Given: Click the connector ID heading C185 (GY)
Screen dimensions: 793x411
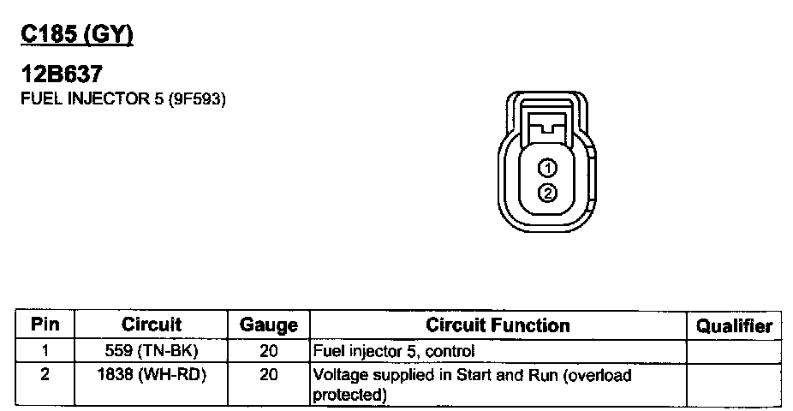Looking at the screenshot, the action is [x=77, y=35].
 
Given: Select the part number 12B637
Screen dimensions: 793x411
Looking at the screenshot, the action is [x=61, y=75].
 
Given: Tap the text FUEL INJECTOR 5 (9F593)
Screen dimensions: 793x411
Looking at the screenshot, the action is [x=122, y=99].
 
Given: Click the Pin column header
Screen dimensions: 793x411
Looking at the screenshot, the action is [x=45, y=325].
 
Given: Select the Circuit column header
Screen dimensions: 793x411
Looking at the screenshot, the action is [x=152, y=325].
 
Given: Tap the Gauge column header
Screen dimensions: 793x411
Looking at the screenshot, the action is [x=268, y=325].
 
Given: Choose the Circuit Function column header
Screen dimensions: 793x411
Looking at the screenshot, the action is [x=498, y=325].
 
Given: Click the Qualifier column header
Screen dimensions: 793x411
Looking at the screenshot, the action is [x=734, y=326].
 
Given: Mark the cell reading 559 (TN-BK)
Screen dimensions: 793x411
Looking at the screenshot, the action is [x=152, y=351].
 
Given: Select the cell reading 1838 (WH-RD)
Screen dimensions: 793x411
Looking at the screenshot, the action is [x=152, y=375].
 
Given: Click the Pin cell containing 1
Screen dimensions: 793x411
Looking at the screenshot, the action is [x=45, y=351].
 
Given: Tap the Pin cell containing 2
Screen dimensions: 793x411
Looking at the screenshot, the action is [x=45, y=375].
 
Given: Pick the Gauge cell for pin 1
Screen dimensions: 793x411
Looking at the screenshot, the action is [x=268, y=351].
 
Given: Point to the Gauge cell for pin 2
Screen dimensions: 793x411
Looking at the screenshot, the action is [x=268, y=375].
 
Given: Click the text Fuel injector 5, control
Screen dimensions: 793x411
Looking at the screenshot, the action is [x=394, y=351].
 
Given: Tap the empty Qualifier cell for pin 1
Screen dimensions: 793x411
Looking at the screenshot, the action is [x=734, y=351].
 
